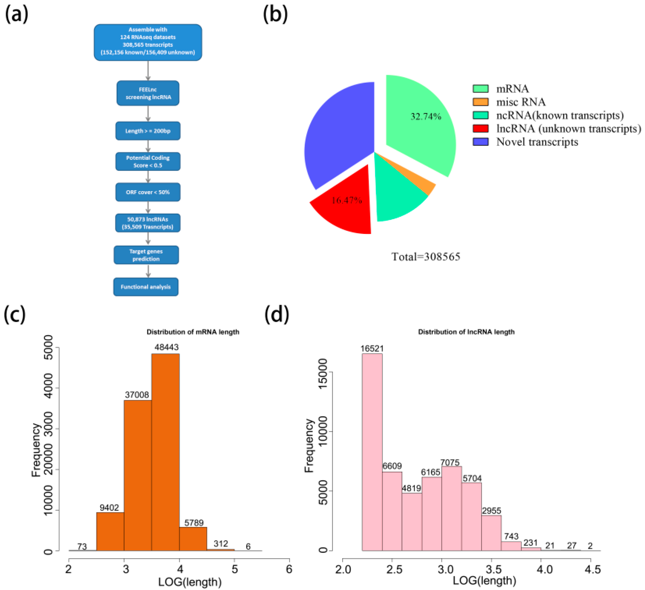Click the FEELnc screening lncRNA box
148,93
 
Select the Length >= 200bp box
148,131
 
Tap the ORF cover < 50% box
148,192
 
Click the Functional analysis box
146,287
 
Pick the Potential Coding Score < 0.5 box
148,162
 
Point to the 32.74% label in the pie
426,116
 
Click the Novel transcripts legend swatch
480,142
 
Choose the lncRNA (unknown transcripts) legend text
569,128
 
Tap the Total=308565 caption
426,257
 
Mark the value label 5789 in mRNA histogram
194,523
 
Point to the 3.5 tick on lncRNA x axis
491,570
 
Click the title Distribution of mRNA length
193,332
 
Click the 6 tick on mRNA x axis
289,569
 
